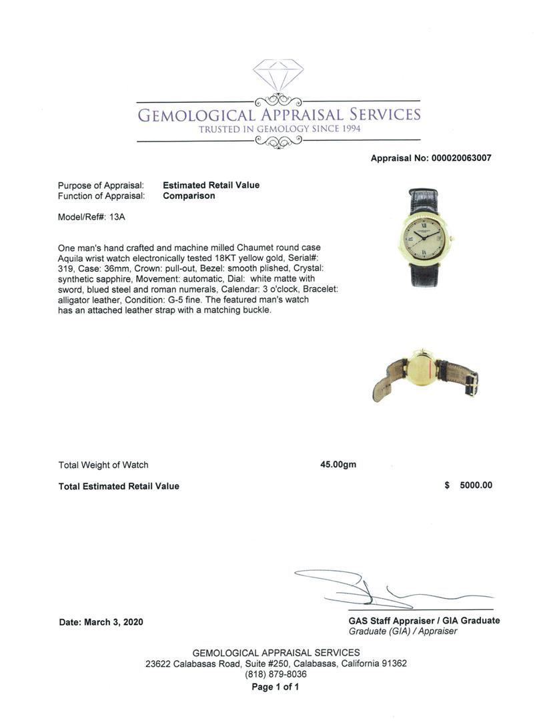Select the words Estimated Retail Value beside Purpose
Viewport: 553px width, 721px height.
[x=211, y=185]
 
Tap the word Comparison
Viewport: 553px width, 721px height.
[x=189, y=196]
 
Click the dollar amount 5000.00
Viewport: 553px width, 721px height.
[x=476, y=485]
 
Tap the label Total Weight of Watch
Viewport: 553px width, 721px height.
[x=103, y=465]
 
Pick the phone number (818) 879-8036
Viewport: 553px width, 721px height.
[x=275, y=674]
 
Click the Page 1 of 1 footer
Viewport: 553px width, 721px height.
[x=275, y=687]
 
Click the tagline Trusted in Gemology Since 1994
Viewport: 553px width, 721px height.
[x=279, y=129]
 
